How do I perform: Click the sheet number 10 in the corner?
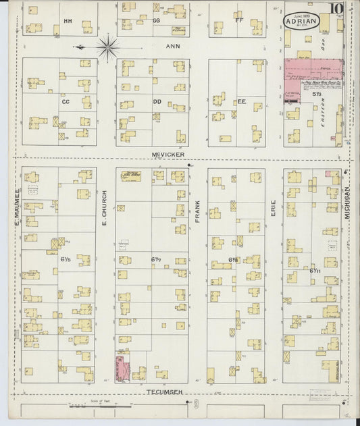point(336,9)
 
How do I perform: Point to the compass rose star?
point(108,47)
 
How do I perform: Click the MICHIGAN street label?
point(348,201)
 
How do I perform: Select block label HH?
point(68,21)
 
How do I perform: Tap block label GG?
point(156,21)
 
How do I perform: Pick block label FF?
point(238,20)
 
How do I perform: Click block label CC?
point(66,102)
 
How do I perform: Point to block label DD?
point(157,102)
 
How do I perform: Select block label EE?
point(241,102)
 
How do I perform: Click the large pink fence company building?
point(313,70)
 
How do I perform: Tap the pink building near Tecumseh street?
point(124,368)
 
